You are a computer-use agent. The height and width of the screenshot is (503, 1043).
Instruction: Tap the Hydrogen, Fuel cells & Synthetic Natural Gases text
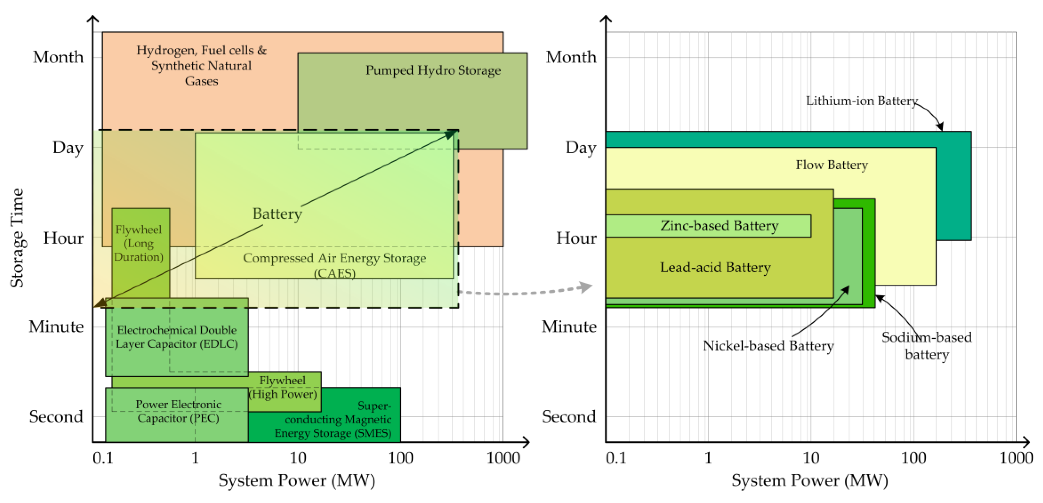click(x=201, y=65)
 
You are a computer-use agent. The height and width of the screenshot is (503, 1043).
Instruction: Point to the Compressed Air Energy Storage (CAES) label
click(x=334, y=265)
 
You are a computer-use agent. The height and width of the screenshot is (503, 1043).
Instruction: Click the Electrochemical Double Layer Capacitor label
click(x=177, y=337)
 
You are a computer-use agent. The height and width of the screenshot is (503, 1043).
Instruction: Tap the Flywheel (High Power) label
click(x=283, y=387)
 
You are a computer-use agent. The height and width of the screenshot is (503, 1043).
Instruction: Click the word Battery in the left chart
click(x=277, y=214)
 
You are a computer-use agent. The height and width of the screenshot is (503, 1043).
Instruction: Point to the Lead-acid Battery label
click(x=715, y=267)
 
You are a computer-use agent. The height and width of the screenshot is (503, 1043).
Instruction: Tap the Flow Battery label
click(x=832, y=165)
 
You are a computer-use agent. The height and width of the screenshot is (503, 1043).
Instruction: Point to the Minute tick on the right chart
click(x=569, y=326)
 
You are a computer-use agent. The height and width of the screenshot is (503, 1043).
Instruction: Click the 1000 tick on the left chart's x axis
click(x=503, y=458)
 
